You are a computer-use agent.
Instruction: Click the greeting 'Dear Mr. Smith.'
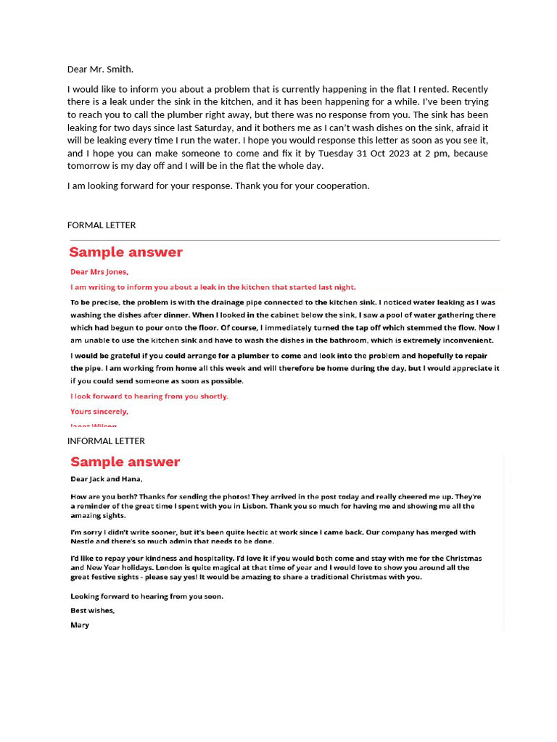coord(100,70)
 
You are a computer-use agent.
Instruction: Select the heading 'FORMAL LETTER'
coord(102,225)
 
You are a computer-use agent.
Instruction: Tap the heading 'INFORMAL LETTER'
coord(106,441)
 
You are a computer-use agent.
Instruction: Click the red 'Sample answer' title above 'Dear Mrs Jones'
coord(125,252)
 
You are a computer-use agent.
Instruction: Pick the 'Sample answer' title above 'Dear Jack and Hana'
coord(125,462)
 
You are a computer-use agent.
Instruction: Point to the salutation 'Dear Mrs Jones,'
coord(99,272)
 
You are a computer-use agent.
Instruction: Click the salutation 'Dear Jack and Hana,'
coord(106,479)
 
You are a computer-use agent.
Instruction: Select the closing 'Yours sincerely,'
coord(99,412)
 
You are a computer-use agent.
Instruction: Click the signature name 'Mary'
coord(80,625)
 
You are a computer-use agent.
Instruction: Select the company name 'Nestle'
coord(83,541)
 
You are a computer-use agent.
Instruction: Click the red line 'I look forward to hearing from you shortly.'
coord(149,396)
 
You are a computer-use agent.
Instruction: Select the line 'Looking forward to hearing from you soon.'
coord(147,596)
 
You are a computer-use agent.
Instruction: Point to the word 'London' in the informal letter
coord(168,567)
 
